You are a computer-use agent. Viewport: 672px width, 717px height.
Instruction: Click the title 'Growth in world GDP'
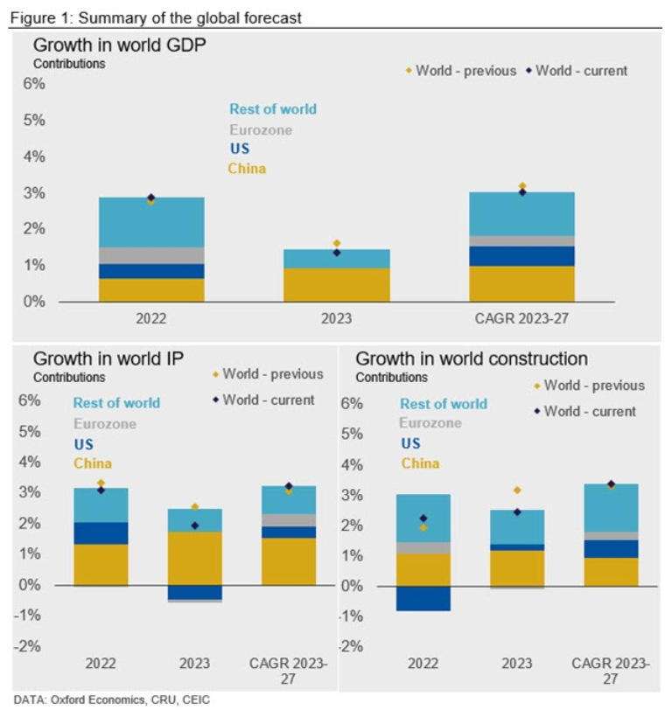point(119,45)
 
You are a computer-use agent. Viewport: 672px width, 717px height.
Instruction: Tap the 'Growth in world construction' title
point(472,358)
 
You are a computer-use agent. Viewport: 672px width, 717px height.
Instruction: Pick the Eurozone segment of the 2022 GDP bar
point(151,255)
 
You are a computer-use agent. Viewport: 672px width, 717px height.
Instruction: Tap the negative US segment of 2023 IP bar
point(194,592)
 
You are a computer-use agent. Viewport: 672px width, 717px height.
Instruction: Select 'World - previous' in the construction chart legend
point(593,386)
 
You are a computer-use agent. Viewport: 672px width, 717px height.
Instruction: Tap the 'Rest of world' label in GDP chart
point(273,109)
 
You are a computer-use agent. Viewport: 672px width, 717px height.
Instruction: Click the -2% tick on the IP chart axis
point(29,646)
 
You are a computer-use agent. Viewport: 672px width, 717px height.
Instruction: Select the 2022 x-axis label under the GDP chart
point(150,319)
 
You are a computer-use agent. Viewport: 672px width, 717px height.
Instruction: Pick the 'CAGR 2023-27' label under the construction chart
point(610,672)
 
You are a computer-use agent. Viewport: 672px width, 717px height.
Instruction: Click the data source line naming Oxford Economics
point(112,700)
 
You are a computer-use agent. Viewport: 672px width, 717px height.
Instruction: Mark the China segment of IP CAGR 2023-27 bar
point(290,561)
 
